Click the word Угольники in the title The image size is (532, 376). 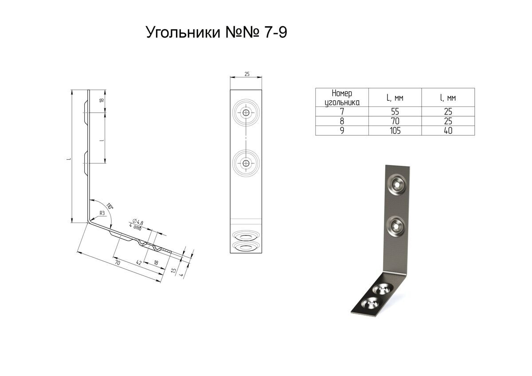pos(183,33)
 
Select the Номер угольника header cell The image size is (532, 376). pos(341,98)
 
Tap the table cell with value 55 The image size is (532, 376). pos(395,112)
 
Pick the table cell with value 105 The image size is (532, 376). pos(395,131)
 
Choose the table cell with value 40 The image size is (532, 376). pos(448,131)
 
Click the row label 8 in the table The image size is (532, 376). pos(341,121)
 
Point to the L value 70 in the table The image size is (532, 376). pos(395,121)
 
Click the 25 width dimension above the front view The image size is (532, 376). pos(246,74)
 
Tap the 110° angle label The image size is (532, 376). pos(110,206)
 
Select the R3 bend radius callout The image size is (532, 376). pos(102,213)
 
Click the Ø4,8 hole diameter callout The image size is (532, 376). pos(137,222)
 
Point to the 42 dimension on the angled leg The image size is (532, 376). pos(138,262)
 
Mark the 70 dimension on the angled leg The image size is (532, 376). pos(117,263)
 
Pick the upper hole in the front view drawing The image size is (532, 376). pos(246,113)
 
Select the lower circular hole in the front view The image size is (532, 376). pos(246,164)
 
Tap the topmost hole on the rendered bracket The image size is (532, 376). pos(396,182)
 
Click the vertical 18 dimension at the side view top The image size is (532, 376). pos(102,101)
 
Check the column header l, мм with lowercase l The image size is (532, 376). pos(448,98)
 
